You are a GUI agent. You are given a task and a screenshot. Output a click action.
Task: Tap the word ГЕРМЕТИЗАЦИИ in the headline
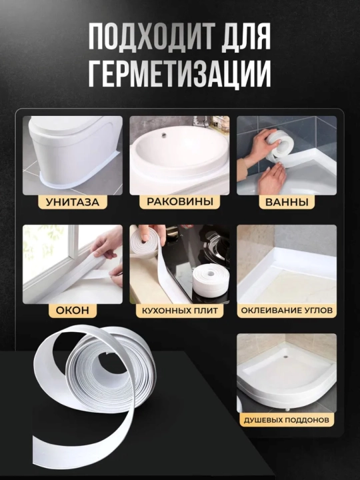coord(180,74)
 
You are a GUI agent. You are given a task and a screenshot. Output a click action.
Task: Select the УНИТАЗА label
coord(73,202)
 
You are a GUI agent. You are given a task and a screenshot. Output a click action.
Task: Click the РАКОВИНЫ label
coord(180,202)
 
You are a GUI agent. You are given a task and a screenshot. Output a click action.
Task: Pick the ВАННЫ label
coord(287,202)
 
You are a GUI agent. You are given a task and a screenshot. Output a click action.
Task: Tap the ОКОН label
coord(73,311)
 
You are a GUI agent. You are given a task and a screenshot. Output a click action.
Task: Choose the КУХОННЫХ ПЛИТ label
coord(180,311)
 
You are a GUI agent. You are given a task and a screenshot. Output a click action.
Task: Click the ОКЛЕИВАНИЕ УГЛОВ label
coord(287,311)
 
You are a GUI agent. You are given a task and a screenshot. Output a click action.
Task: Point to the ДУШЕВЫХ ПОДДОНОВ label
coord(286,420)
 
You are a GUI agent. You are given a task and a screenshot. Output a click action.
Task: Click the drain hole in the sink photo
coord(164,135)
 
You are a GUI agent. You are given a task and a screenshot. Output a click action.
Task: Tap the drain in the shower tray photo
coord(285,357)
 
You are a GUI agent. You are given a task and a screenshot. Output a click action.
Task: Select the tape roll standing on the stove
coord(211,279)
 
